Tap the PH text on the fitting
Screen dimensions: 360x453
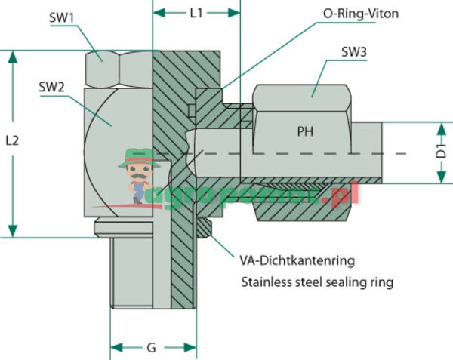point(305,131)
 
